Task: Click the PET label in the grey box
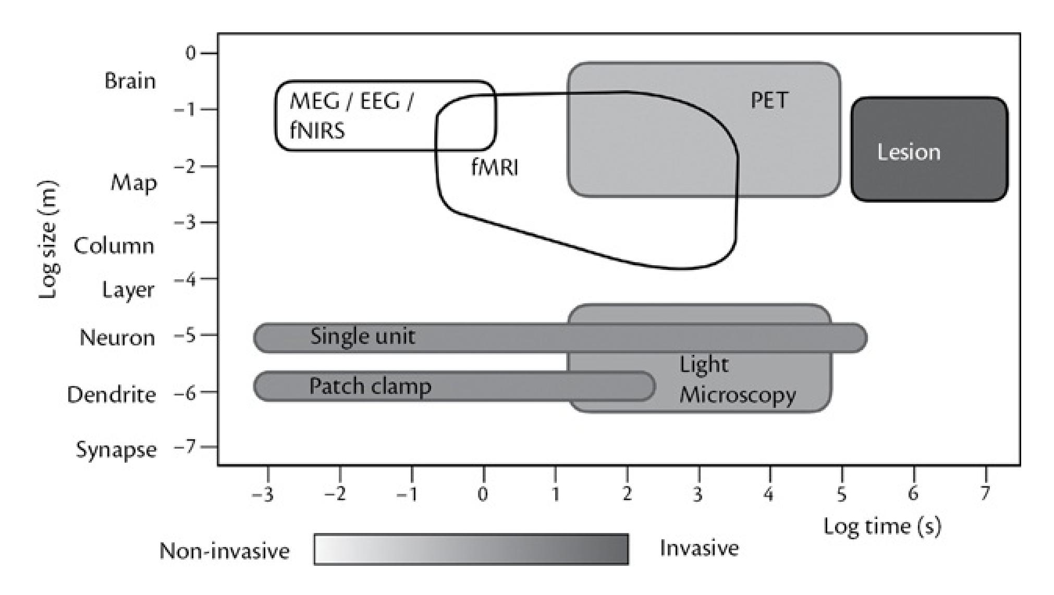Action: [769, 100]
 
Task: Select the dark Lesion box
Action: [929, 149]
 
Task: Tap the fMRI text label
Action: [495, 168]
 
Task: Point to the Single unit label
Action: [363, 337]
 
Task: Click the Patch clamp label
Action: [370, 386]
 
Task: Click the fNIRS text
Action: [317, 130]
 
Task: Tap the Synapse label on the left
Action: [116, 449]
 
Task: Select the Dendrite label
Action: [112, 394]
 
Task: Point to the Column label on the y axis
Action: [114, 245]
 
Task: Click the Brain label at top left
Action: [130, 81]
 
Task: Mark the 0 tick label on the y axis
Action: [191, 53]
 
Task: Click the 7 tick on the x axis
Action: [985, 493]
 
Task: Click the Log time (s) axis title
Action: [882, 526]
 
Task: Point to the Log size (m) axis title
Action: [48, 240]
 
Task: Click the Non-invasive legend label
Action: [224, 551]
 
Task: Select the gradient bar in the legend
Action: [471, 549]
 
